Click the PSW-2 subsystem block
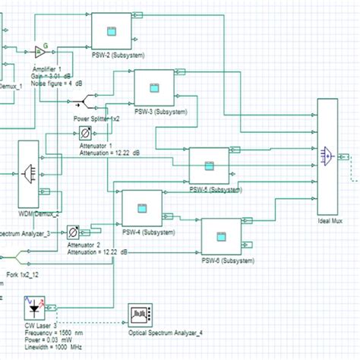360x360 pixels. pos(112,33)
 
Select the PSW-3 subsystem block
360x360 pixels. pos(154,87)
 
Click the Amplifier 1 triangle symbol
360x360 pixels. pos(40,52)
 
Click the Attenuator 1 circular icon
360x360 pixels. pos(85,132)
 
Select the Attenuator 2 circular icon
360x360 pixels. pos(73,232)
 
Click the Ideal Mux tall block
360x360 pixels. pos(327,160)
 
